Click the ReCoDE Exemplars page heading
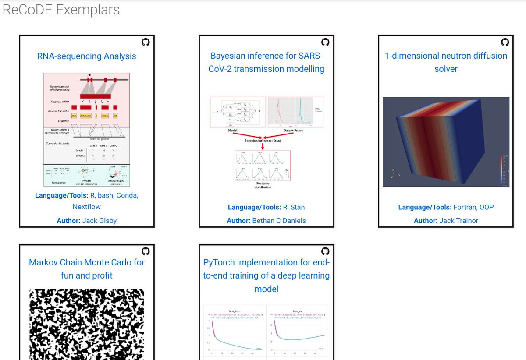61,10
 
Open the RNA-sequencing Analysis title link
87,56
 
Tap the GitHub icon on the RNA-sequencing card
146,42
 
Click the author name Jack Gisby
100,220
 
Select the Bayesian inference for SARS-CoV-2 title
267,62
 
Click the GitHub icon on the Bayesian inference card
325,42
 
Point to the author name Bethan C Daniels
279,220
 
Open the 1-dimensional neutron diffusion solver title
446,62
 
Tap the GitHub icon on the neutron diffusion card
505,42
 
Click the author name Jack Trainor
459,220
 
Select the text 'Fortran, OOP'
473,207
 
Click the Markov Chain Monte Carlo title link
87,269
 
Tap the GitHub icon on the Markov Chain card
146,251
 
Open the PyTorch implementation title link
267,275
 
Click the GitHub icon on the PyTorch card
325,251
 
